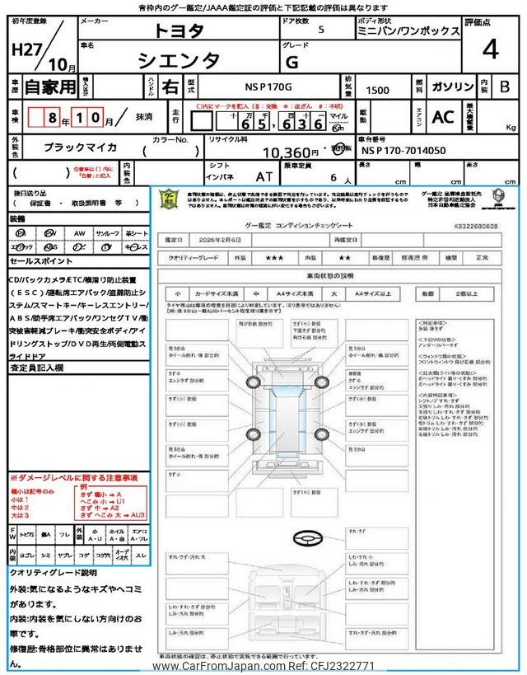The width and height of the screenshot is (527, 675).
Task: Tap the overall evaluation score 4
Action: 490,49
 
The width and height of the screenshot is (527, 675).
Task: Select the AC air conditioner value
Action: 443,117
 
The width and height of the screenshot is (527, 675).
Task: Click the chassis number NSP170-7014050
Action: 403,152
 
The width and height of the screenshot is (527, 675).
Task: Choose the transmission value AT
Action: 264,176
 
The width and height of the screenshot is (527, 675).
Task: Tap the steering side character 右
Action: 168,85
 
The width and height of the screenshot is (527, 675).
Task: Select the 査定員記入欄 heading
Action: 36,369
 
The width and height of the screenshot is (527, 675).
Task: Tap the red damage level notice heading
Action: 73,477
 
